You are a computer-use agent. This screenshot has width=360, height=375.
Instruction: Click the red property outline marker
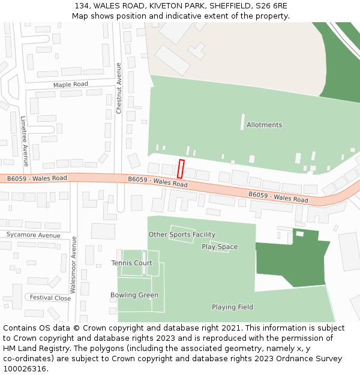(181, 169)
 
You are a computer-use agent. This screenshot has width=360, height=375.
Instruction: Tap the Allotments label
(264, 125)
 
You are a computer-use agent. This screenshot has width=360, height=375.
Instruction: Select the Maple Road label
(70, 85)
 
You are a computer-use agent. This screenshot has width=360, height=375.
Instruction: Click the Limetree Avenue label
(25, 141)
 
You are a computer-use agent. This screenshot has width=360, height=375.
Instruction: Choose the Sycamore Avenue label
(33, 235)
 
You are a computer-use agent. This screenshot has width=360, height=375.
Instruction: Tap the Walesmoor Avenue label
(74, 264)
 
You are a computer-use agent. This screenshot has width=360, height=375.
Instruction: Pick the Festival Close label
(50, 298)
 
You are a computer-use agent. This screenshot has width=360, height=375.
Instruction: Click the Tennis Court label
(131, 263)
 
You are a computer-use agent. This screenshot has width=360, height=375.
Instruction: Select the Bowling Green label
(134, 295)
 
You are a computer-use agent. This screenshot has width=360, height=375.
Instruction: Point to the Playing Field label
(232, 307)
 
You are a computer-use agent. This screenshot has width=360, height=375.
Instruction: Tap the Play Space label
(220, 247)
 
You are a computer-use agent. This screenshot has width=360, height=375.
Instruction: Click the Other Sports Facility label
(182, 235)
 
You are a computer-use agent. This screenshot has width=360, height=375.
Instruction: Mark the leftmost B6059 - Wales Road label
(37, 178)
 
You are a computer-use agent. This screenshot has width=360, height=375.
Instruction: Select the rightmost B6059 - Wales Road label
(278, 197)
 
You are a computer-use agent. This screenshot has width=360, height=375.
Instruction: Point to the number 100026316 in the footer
(23, 369)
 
